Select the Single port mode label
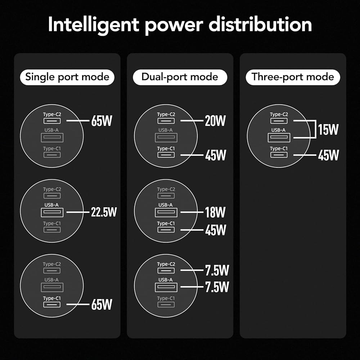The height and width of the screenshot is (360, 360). coord(67,77)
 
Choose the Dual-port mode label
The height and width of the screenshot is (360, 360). coord(180,77)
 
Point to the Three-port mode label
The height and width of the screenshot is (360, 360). coord(293,77)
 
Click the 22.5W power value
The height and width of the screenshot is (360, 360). coord(104,212)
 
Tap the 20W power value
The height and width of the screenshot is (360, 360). coord(215,121)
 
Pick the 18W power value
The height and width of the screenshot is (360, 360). coord(215,212)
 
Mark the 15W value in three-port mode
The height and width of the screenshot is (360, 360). coord(328,130)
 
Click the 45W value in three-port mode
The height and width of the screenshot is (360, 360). coord(329,155)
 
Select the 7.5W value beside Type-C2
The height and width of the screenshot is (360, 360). coord(217,270)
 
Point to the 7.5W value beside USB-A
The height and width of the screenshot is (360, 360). coord(217,287)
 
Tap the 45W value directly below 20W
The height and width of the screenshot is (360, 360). coord(216,155)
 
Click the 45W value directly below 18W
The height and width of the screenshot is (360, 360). coord(216,230)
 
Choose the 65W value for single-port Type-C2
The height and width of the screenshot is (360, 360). coord(102,121)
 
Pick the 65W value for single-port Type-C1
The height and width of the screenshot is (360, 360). coord(102,305)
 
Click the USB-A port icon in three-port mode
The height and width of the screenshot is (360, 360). coord(279,137)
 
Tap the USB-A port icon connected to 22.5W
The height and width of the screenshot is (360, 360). coord(52,212)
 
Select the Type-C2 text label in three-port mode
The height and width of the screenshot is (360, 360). coord(279,114)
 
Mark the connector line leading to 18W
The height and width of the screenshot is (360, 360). coord(192,212)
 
